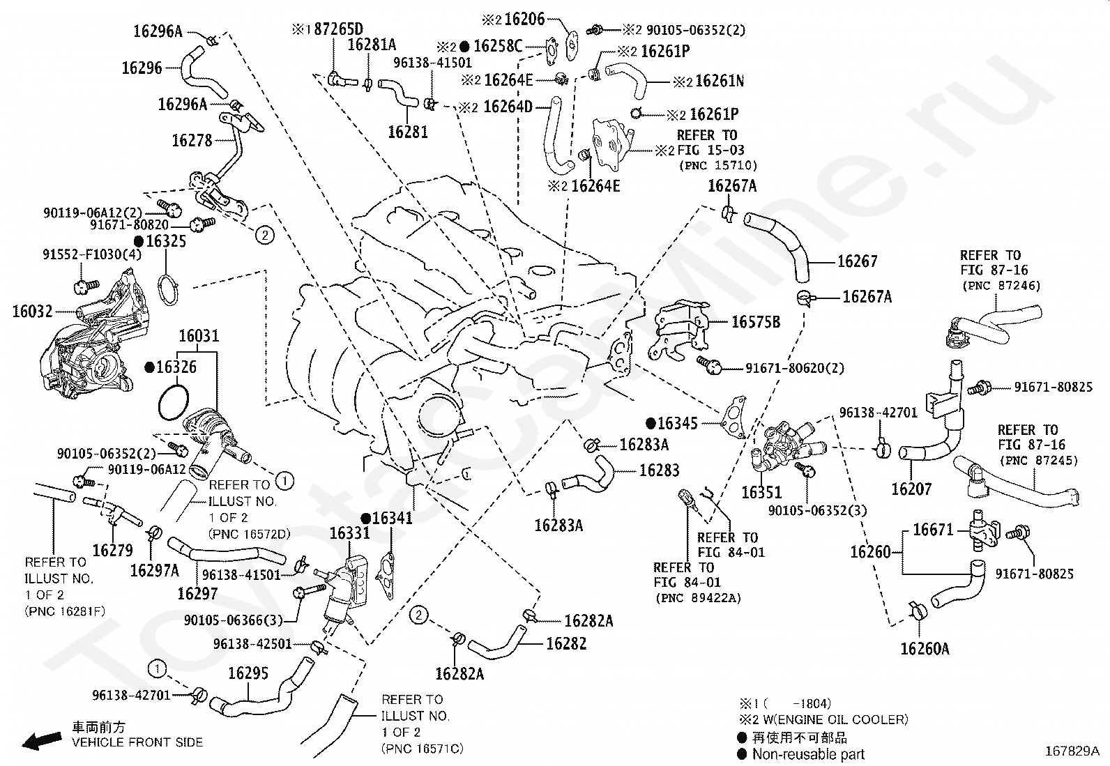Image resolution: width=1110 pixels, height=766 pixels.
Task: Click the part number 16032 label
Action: (x=32, y=311)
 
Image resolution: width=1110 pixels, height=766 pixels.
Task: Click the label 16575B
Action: (x=756, y=322)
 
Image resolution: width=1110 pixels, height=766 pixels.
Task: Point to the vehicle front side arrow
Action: (x=42, y=740)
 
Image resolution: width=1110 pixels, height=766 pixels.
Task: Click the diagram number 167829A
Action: (x=1072, y=751)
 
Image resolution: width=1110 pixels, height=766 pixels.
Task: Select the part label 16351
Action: (x=761, y=492)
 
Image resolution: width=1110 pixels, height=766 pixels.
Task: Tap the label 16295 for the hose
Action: (x=248, y=673)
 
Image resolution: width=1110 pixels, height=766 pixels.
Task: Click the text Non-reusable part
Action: (x=808, y=753)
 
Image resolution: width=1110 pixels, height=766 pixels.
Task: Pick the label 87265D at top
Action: (x=338, y=29)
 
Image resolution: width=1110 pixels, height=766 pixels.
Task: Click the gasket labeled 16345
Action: (x=733, y=418)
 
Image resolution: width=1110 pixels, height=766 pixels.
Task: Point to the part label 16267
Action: (x=858, y=261)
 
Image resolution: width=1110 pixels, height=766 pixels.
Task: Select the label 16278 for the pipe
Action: (x=192, y=141)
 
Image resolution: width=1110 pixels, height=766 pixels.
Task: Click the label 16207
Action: (x=911, y=489)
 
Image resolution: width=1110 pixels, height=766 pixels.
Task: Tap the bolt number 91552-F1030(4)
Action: (x=92, y=254)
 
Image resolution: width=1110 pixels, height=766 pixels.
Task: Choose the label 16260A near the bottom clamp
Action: (x=925, y=649)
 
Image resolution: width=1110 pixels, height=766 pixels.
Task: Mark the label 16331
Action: (x=350, y=533)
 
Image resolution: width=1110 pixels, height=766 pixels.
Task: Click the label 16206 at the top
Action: (x=524, y=19)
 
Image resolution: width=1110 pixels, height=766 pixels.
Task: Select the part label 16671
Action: (x=933, y=530)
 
